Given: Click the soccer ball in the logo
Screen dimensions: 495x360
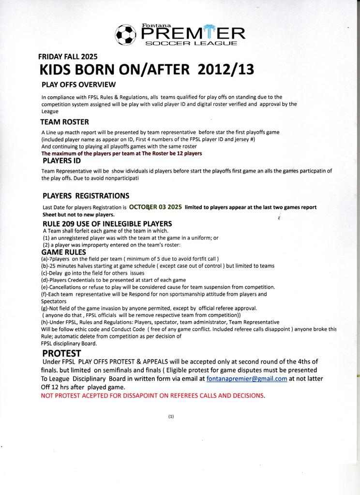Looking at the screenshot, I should [x=126, y=34].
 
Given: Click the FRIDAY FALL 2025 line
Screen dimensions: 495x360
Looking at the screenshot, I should [x=68, y=56].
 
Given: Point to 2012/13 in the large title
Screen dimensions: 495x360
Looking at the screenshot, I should [x=225, y=70].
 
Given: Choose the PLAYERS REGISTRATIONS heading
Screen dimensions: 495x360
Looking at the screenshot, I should [x=86, y=196].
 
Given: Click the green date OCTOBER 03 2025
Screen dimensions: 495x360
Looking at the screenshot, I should [x=155, y=206].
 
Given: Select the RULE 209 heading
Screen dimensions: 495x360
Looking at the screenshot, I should [x=107, y=223].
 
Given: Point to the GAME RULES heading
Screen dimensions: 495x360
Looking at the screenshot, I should [x=63, y=252].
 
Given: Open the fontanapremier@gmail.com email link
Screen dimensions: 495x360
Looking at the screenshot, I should [x=247, y=379].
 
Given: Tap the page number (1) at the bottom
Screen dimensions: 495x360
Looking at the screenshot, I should [x=171, y=416].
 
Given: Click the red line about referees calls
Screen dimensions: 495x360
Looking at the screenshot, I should [x=153, y=395].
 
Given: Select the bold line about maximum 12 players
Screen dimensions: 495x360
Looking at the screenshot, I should [x=121, y=153].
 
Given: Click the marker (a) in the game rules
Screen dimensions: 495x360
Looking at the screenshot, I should [x=45, y=259].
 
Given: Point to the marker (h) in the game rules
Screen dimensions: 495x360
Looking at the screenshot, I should [x=45, y=322].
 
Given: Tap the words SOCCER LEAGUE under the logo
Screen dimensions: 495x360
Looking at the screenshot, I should [x=192, y=44].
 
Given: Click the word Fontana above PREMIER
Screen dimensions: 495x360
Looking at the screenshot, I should [x=153, y=25].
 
